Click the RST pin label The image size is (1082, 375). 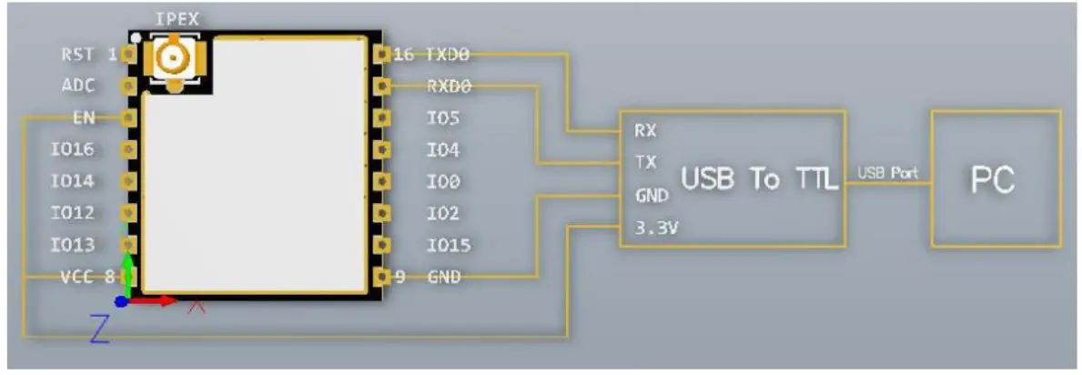pos(76,55)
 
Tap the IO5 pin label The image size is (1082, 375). pos(442,118)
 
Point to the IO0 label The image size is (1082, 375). pos(442,182)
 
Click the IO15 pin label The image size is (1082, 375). pos(449,246)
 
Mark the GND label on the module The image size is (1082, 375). pos(443,278)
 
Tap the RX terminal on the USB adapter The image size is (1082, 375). pos(644,130)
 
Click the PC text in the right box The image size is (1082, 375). pos(993,180)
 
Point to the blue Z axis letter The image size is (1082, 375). pos(99,329)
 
